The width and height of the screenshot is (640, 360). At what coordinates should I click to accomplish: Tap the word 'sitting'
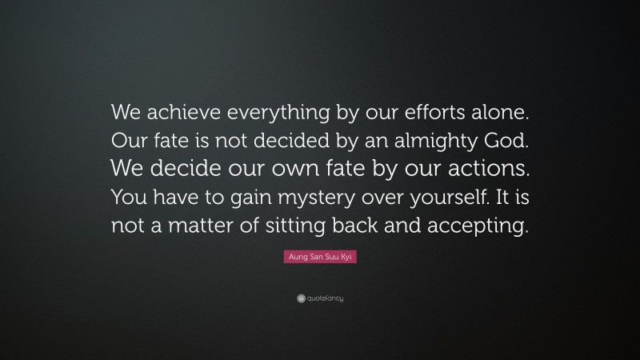click(x=302, y=226)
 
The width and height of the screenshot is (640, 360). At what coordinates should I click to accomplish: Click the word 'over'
click(x=388, y=197)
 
